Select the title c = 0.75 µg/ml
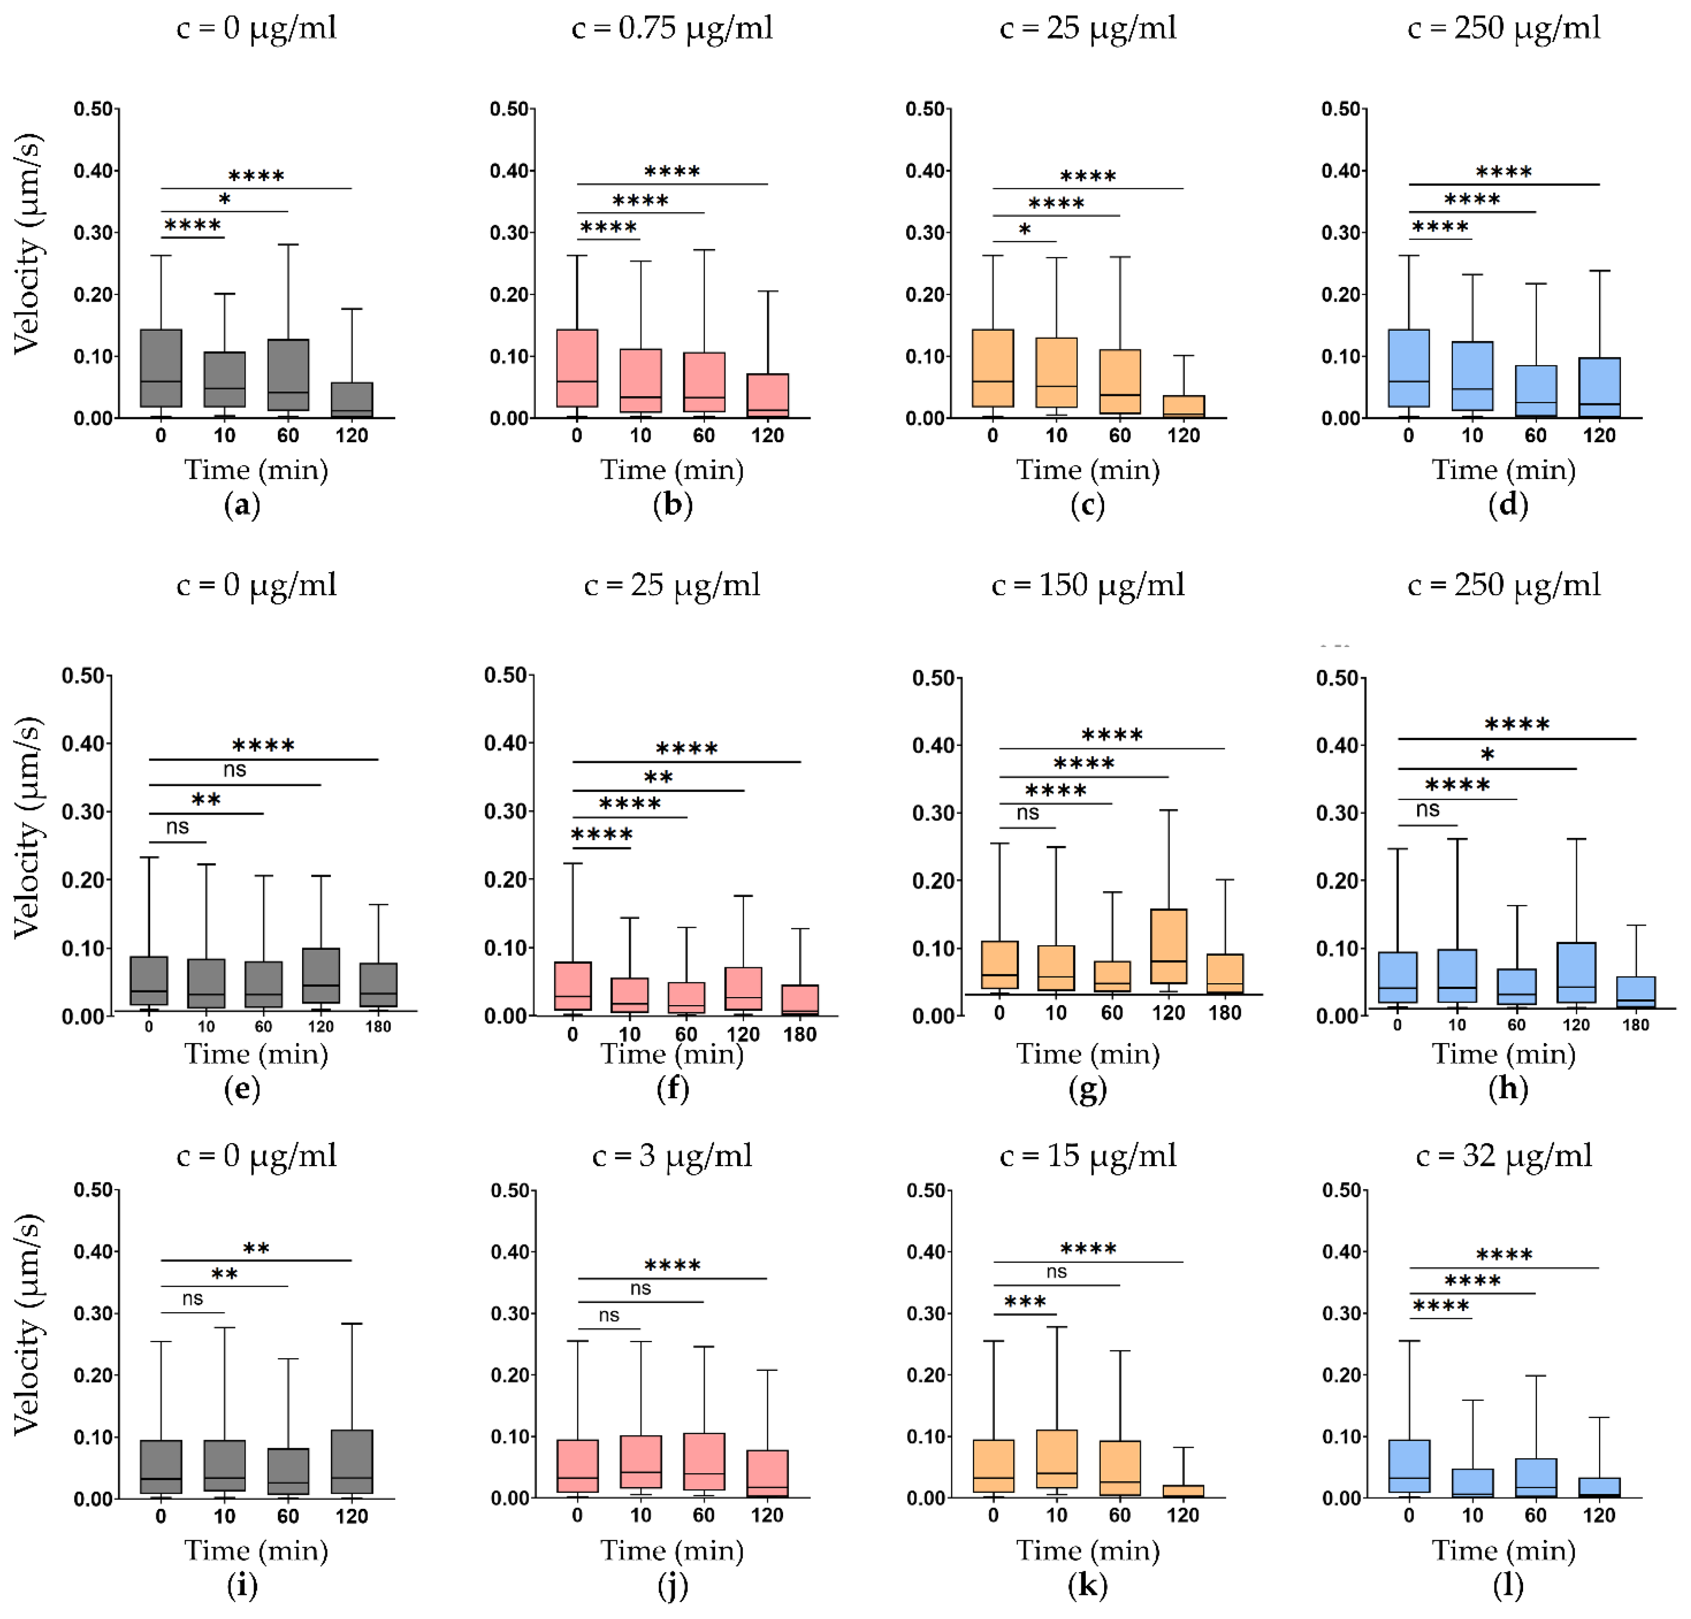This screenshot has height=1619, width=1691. (x=672, y=28)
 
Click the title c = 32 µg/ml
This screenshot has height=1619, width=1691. (x=1504, y=1156)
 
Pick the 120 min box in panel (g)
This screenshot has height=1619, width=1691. (x=1168, y=947)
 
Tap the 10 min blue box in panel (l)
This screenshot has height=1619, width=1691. (x=1472, y=1483)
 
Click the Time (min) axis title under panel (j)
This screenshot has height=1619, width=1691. (x=672, y=1551)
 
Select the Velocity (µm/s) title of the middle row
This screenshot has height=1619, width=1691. (x=26, y=827)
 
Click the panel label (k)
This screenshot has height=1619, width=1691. (x=1087, y=1586)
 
